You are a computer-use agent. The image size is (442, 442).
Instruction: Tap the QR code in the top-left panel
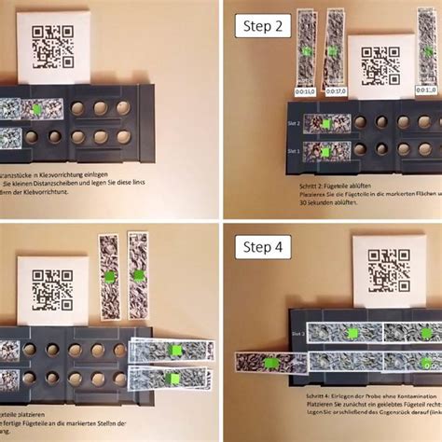point(52,45)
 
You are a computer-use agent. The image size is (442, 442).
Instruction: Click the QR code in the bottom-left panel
point(52,288)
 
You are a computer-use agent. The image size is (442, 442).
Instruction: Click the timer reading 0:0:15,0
point(306,91)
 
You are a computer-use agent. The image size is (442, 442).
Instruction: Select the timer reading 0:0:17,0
point(335,91)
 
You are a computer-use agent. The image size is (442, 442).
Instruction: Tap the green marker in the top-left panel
point(35,110)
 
